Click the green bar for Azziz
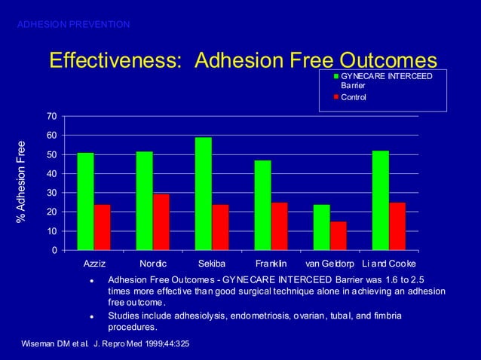[85, 201]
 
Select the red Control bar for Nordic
[161, 222]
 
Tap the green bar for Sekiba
[204, 194]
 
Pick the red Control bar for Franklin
[279, 226]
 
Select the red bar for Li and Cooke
[397, 226]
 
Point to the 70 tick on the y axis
[50, 116]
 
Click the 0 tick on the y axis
[53, 250]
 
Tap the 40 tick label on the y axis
[50, 173]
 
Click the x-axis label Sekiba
[212, 265]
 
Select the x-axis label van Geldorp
[329, 265]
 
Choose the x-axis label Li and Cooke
[389, 265]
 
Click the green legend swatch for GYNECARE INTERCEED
[336, 77]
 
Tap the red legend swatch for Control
[336, 98]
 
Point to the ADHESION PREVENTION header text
[73, 25]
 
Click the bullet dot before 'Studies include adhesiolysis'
[90, 317]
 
